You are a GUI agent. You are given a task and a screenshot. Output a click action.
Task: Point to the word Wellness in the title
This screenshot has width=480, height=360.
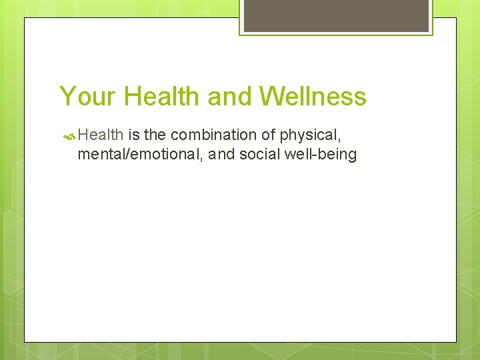(x=313, y=97)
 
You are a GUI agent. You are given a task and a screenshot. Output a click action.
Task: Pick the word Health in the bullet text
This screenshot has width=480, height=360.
(x=101, y=135)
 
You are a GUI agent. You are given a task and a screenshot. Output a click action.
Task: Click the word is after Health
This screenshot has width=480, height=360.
(x=133, y=135)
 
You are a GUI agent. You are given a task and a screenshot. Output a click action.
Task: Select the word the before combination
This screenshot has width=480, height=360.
(x=155, y=135)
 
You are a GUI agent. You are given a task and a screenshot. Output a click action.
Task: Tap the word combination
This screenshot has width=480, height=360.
(x=213, y=135)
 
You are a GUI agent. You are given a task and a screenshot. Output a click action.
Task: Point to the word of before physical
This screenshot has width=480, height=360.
(x=268, y=135)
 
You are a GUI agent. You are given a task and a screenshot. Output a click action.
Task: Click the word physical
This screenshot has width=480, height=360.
(x=309, y=135)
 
